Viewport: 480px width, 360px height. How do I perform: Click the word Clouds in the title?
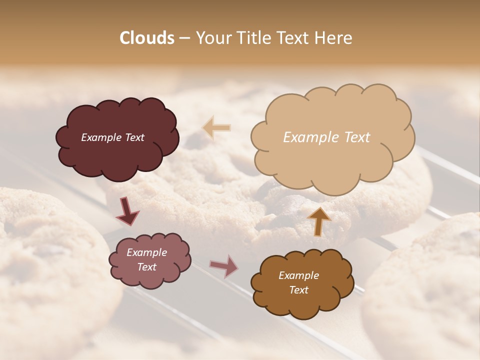click(147, 38)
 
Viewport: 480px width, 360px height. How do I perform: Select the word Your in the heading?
click(214, 38)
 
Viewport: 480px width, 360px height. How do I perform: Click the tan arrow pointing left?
click(217, 128)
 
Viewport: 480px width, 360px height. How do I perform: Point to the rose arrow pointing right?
click(224, 266)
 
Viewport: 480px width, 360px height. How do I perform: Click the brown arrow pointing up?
click(319, 221)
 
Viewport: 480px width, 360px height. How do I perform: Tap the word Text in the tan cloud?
click(356, 137)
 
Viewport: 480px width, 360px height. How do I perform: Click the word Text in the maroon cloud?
click(134, 137)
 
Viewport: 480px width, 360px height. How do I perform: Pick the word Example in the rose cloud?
click(146, 252)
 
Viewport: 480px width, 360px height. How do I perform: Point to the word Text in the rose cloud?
click(146, 267)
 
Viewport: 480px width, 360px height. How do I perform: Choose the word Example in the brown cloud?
click(298, 275)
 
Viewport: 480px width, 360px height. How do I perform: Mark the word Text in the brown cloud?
click(298, 290)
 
